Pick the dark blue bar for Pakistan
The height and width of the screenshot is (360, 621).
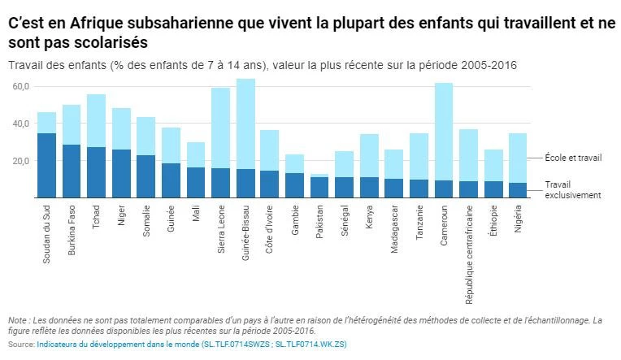[x=319, y=187]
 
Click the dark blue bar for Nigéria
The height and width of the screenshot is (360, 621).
[x=517, y=190]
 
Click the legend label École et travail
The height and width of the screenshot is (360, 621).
[x=573, y=158]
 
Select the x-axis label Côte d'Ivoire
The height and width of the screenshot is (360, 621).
[x=271, y=232]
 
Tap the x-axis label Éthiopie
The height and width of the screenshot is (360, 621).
[x=493, y=220]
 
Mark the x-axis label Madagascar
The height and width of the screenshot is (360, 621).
[x=394, y=230]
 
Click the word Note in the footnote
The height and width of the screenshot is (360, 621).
[x=16, y=321]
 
